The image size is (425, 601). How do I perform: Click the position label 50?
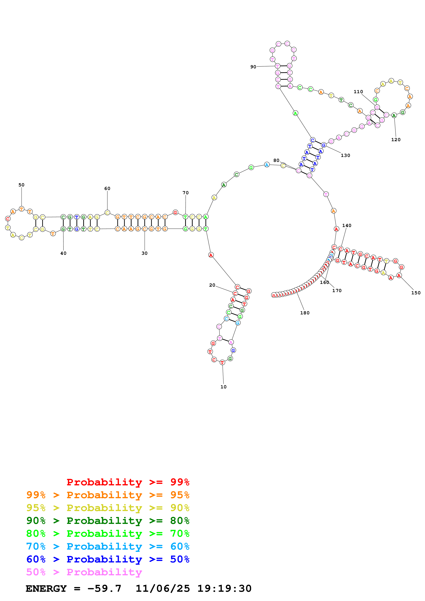pos(21,185)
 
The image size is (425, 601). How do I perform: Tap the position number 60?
pos(107,188)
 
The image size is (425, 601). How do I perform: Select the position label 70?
pos(186,193)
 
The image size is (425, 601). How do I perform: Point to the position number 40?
pos(63,253)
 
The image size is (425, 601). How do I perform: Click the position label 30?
pos(145,253)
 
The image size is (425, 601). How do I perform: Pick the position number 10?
pos(223,387)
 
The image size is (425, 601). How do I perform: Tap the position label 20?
pos(212,285)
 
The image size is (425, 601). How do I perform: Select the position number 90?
pos(253,67)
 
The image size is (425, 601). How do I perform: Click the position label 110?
pos(358,92)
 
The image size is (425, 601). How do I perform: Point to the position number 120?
pos(396,139)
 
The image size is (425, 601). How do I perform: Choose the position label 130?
pos(345,155)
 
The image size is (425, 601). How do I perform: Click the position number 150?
pos(416,293)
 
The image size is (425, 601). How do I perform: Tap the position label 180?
pos(305,313)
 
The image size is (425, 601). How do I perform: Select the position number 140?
pos(347,225)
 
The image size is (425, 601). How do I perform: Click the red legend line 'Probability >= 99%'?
pos(128,482)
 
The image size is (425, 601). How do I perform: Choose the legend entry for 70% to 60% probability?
pos(108,547)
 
